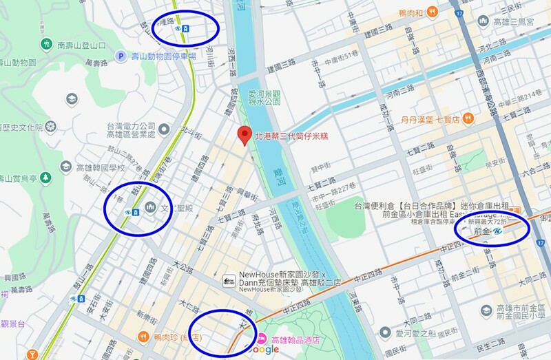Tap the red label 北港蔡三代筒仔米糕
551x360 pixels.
pyautogui.click(x=290, y=136)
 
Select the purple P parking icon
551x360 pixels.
pyautogui.click(x=121, y=56)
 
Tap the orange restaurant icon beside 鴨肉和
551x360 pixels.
pyautogui.click(x=431, y=12)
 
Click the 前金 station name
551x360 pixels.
pyautogui.click(x=484, y=233)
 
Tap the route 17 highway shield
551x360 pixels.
pyautogui.click(x=459, y=13)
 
